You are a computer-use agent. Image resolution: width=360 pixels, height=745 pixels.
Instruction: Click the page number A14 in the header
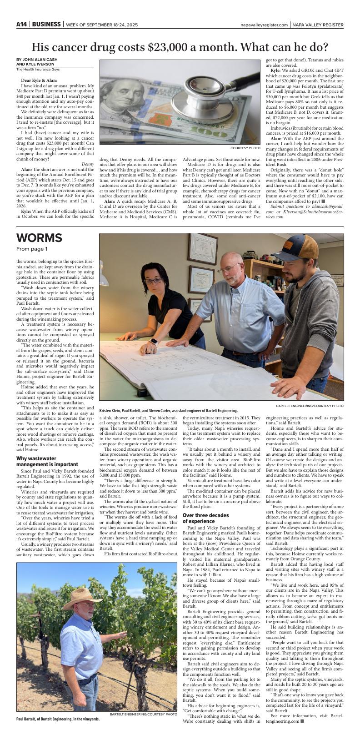coord(22,24)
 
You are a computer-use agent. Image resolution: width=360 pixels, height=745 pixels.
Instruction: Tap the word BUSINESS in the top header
coord(46,24)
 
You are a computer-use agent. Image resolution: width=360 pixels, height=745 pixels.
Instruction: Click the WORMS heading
coord(39,238)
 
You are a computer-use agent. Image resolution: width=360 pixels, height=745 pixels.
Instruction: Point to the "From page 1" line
coord(32,249)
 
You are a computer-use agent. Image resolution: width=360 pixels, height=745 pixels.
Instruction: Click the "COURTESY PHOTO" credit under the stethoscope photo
coord(245,148)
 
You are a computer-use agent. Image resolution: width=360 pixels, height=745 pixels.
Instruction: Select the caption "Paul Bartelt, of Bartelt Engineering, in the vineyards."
coord(58,719)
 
